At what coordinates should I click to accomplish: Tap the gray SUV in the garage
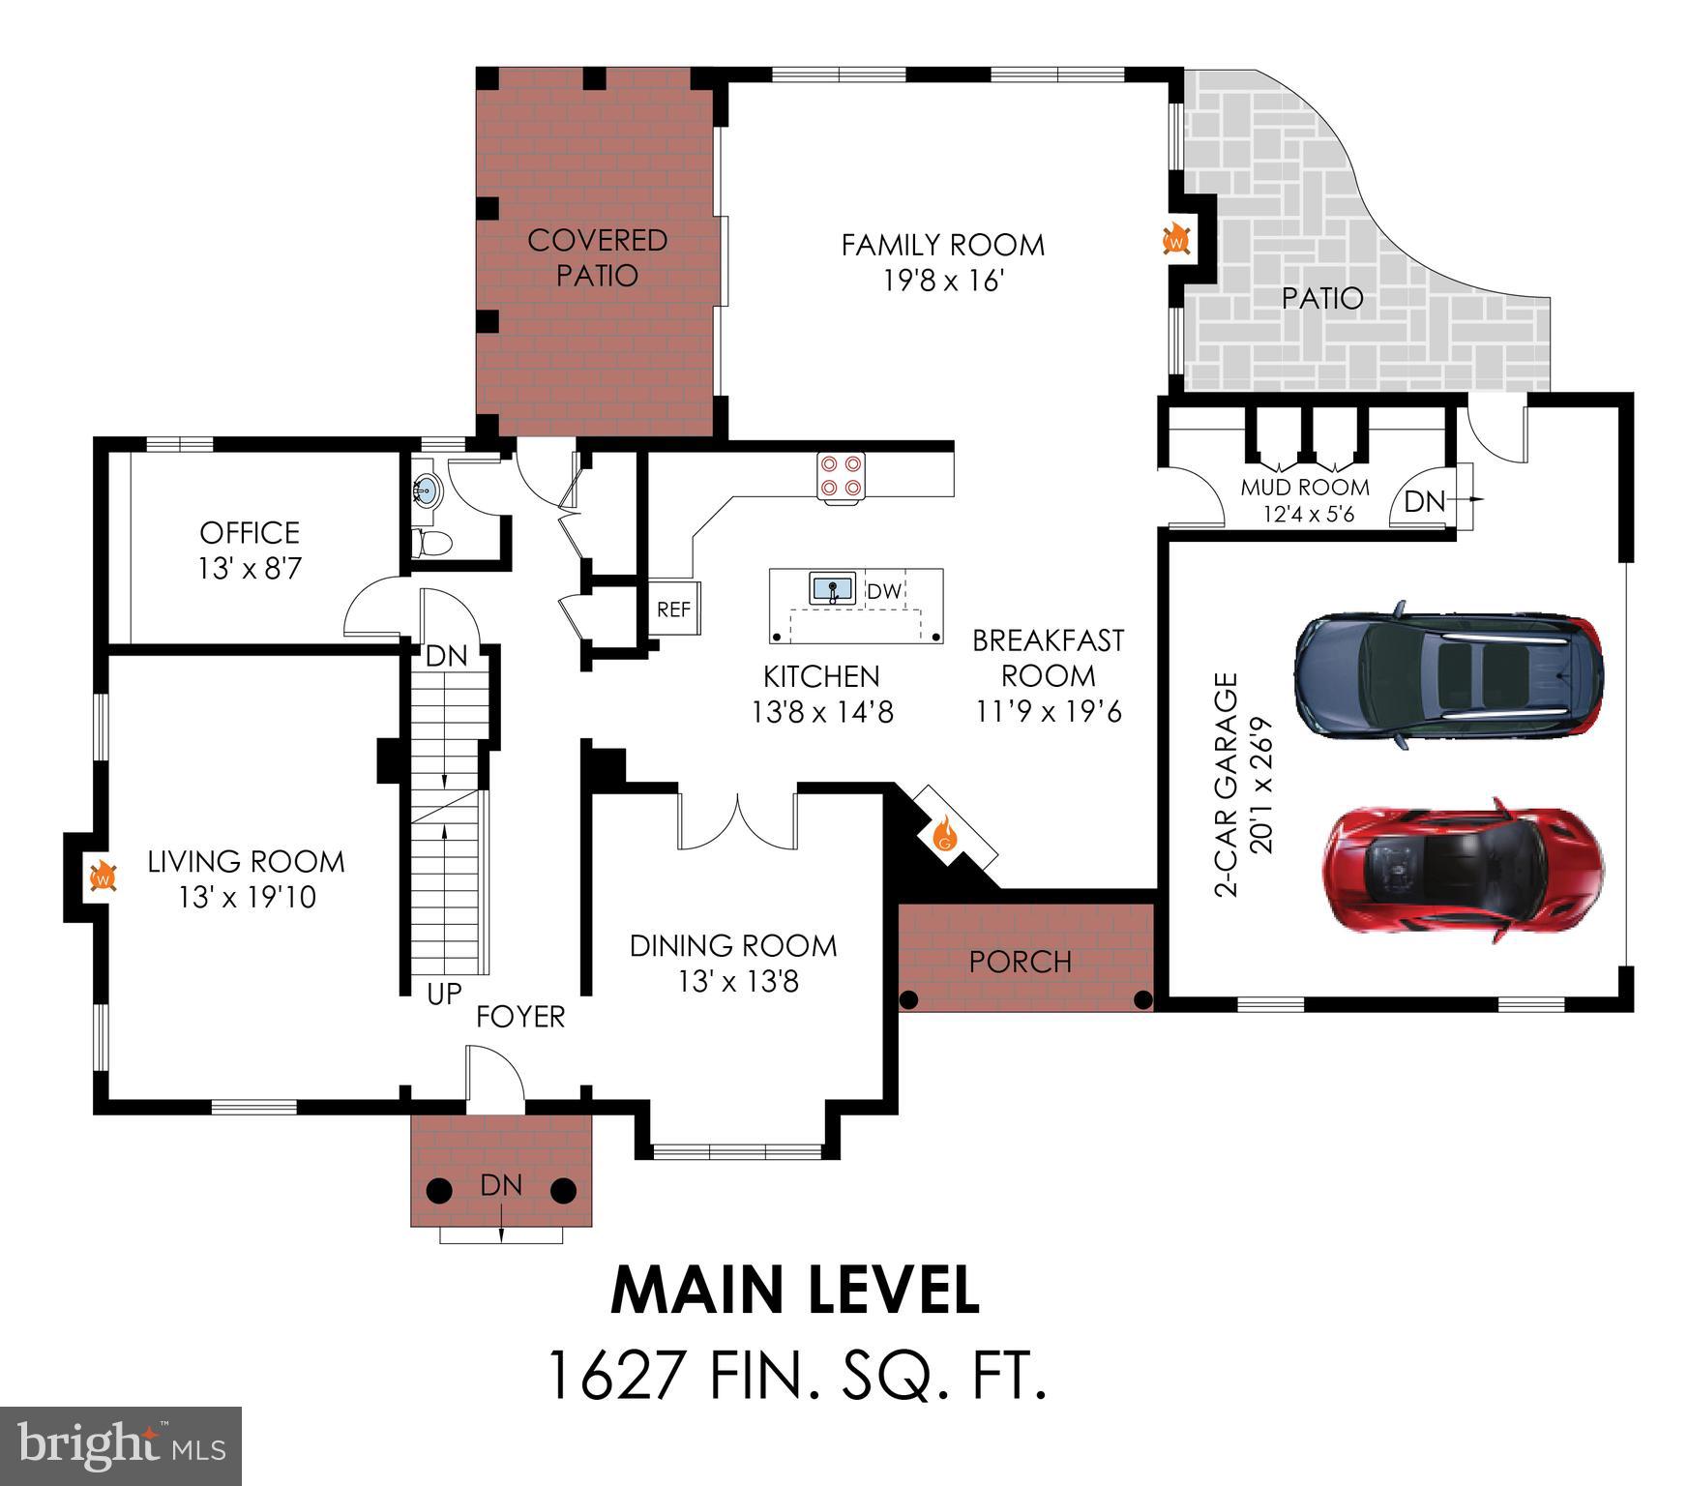[x=1448, y=674]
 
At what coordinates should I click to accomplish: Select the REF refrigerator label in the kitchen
[x=673, y=609]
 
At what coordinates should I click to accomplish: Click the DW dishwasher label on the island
[x=883, y=591]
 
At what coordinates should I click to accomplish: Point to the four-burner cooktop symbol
[x=840, y=475]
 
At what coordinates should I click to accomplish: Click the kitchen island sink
[x=832, y=588]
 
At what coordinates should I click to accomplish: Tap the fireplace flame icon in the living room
[x=104, y=877]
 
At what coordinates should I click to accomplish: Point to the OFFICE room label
[x=250, y=532]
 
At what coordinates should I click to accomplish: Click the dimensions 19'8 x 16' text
[x=943, y=282]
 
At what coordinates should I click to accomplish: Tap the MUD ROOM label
[x=1305, y=487]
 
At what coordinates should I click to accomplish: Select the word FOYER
[x=520, y=1017]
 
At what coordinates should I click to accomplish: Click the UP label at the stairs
[x=444, y=994]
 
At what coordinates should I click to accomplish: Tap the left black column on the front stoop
[x=439, y=1190]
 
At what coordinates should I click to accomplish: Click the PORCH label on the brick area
[x=1020, y=962]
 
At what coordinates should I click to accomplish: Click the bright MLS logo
[x=120, y=1445]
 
